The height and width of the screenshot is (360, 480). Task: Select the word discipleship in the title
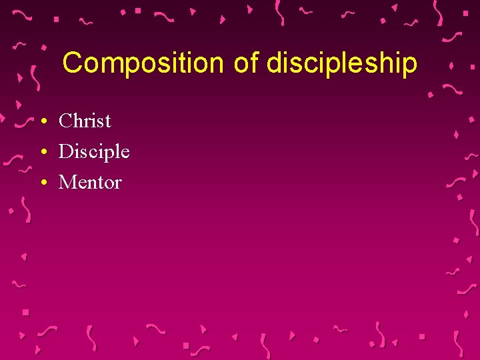pos(341,64)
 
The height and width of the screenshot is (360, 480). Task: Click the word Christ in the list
pos(85,121)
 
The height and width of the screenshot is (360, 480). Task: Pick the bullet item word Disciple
pos(94,152)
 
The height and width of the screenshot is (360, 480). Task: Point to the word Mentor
pos(90,182)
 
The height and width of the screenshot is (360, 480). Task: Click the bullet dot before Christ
pos(42,122)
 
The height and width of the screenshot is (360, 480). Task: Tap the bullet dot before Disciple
pos(42,153)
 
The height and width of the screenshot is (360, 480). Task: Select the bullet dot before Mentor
pos(42,183)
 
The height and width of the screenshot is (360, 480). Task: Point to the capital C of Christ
pos(65,121)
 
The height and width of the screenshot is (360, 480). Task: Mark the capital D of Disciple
pos(66,151)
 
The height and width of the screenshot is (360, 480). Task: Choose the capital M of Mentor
pos(67,182)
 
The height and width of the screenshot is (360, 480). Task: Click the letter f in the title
pos(253,63)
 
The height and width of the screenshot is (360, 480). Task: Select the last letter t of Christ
pos(107,121)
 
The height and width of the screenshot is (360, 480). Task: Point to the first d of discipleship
pos(273,63)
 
